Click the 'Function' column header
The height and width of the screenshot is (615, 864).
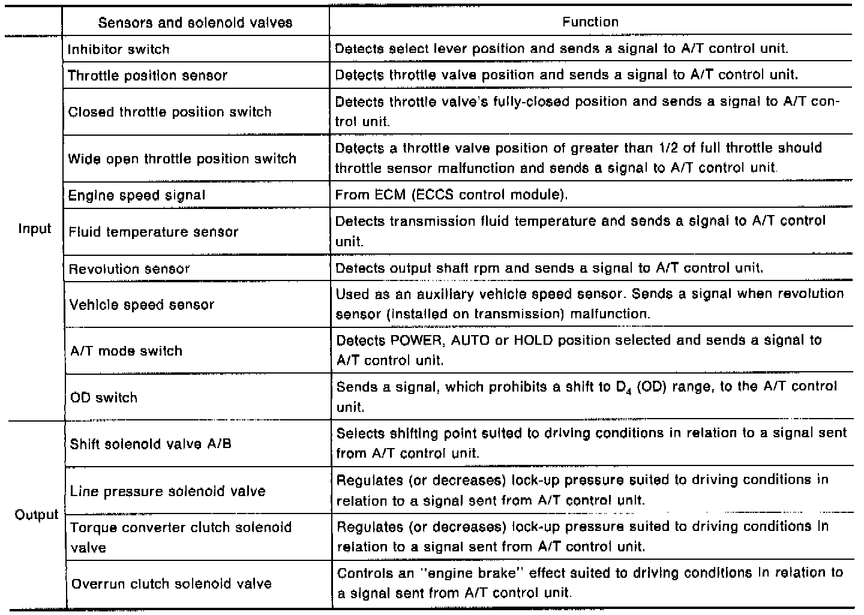click(590, 22)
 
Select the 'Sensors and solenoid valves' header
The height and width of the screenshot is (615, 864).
click(195, 23)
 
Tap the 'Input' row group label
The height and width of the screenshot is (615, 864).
click(34, 229)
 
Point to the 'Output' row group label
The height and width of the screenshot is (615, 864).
click(36, 515)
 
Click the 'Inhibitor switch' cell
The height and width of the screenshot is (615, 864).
click(119, 49)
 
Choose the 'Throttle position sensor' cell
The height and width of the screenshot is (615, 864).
click(148, 76)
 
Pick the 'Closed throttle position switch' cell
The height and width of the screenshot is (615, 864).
click(170, 112)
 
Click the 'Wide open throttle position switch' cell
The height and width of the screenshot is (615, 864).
click(182, 159)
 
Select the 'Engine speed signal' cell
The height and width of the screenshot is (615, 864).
click(137, 195)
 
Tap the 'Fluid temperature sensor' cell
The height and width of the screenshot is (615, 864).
click(154, 232)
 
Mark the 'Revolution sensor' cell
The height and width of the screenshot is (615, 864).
click(130, 268)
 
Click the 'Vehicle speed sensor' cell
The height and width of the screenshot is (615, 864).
click(142, 304)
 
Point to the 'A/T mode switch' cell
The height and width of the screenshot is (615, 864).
click(126, 351)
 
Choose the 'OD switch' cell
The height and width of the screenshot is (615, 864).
click(103, 398)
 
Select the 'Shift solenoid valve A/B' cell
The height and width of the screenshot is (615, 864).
click(151, 444)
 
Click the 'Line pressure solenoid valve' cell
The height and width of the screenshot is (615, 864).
click(167, 491)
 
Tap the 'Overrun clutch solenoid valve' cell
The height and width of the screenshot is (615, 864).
click(172, 584)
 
